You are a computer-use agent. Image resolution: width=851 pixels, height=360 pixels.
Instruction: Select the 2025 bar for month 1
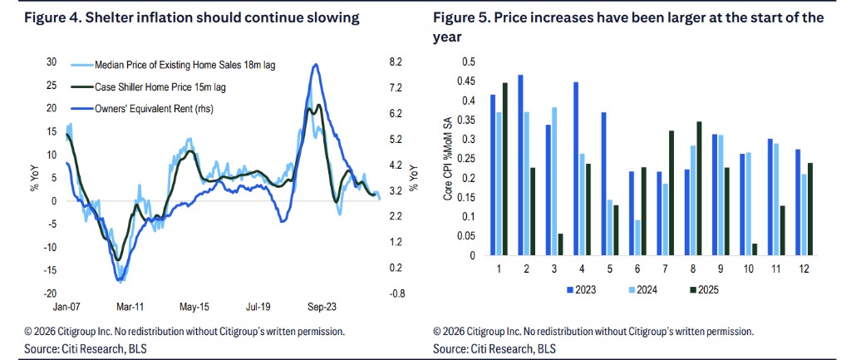(x=504, y=170)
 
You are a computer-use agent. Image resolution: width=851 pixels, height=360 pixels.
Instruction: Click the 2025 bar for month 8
(x=699, y=189)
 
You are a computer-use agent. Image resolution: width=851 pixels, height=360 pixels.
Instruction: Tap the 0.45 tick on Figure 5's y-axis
(x=470, y=81)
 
